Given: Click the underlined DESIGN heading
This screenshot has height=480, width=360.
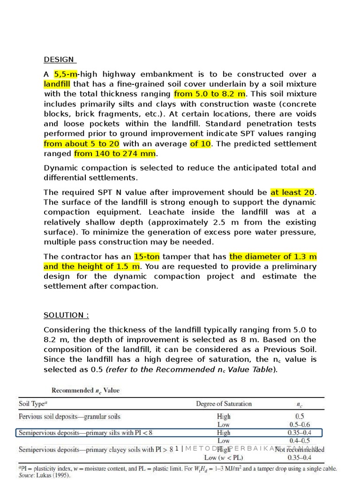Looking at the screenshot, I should pos(59,60).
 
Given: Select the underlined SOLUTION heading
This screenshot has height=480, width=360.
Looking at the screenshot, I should pos(66,315).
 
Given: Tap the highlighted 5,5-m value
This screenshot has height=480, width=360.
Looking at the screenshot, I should pos(66,74).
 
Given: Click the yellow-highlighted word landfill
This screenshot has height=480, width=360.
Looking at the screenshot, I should pos(57,84).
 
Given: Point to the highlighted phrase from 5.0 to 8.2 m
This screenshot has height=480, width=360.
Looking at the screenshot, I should pos(210,94).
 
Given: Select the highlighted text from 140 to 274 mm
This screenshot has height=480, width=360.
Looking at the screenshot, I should pos(114,154).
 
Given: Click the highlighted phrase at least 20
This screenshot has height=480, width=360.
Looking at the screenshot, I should pos(292,193).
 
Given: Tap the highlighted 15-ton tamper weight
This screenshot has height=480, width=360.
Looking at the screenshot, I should pos(147,257).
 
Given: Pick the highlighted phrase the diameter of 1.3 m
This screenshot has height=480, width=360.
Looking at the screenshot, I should pos(273,257).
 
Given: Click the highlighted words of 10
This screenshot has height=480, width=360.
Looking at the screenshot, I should pos(200,144).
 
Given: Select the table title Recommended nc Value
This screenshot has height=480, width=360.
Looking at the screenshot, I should pos(85,390).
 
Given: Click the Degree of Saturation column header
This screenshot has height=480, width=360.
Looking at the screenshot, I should pos(224,404).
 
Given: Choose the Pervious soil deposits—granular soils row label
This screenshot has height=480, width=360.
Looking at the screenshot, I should pos(69,416).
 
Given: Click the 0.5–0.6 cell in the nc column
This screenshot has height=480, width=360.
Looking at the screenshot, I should pos(300,424).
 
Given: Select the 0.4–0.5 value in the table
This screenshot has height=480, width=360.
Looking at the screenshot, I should pos(300,441).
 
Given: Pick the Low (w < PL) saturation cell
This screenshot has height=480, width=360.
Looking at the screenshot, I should pos(224,457).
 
